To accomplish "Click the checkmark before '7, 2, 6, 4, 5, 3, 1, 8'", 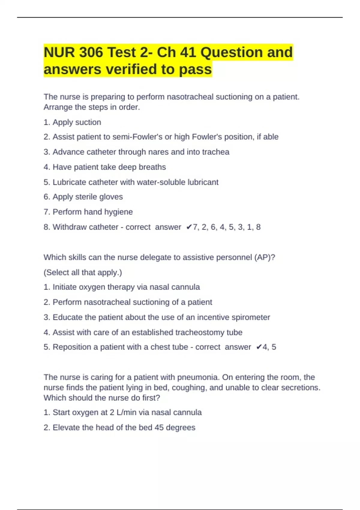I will (189, 227).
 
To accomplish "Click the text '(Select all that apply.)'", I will (83, 272).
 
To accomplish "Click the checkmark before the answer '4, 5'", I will (259, 347).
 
